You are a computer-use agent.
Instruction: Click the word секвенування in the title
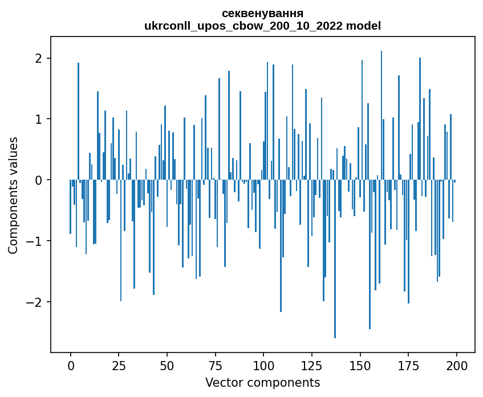tap(262, 13)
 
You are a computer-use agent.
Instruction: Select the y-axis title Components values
tap(13, 195)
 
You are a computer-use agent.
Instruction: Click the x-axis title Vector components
tap(262, 382)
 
